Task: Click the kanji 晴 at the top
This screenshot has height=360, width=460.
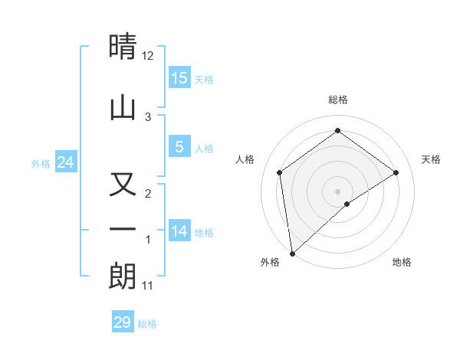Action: pyautogui.click(x=123, y=47)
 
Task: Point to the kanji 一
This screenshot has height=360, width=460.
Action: pyautogui.click(x=123, y=230)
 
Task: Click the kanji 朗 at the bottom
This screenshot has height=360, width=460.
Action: pyautogui.click(x=123, y=276)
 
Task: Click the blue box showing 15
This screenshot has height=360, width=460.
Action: pyautogui.click(x=179, y=78)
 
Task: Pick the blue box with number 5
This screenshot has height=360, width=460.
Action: pyautogui.click(x=179, y=147)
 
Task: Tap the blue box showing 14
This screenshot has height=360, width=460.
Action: pyautogui.click(x=179, y=231)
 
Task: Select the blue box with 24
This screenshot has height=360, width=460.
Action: pyautogui.click(x=65, y=162)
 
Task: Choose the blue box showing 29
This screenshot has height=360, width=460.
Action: pyautogui.click(x=123, y=322)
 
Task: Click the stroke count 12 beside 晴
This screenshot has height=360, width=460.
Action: pyautogui.click(x=148, y=56)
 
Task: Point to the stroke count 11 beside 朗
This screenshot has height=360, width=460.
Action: pyautogui.click(x=148, y=286)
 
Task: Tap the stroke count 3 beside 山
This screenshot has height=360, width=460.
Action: pyautogui.click(x=148, y=116)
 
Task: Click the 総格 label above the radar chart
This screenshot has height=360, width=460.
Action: pyautogui.click(x=338, y=100)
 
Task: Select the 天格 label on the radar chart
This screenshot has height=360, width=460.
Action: pyautogui.click(x=432, y=159)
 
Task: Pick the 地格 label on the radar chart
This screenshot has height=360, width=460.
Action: pyautogui.click(x=402, y=262)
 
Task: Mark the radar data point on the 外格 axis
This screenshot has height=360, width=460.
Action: pyautogui.click(x=291, y=254)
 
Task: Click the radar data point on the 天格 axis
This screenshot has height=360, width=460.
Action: pyautogui.click(x=396, y=172)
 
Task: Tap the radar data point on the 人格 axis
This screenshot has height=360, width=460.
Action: pyautogui.click(x=280, y=172)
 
